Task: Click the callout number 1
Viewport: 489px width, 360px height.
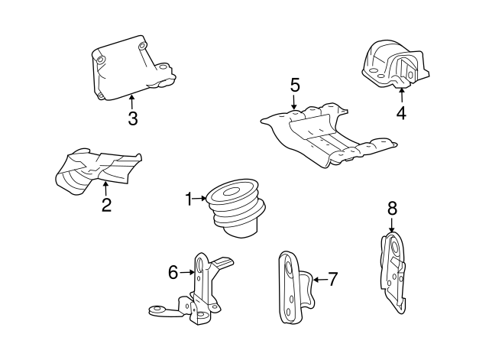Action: pyautogui.click(x=189, y=199)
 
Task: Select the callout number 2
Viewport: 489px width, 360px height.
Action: pyautogui.click(x=106, y=204)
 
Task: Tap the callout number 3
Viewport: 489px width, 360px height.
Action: pyautogui.click(x=132, y=118)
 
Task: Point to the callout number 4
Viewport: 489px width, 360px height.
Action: pyautogui.click(x=400, y=114)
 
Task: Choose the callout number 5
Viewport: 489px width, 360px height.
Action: pyautogui.click(x=295, y=85)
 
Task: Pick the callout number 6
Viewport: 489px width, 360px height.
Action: pyautogui.click(x=173, y=271)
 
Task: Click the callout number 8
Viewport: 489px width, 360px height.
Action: pyautogui.click(x=392, y=207)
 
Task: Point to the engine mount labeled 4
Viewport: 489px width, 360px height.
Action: pyautogui.click(x=391, y=67)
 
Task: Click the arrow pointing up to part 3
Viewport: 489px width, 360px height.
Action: pyautogui.click(x=132, y=100)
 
